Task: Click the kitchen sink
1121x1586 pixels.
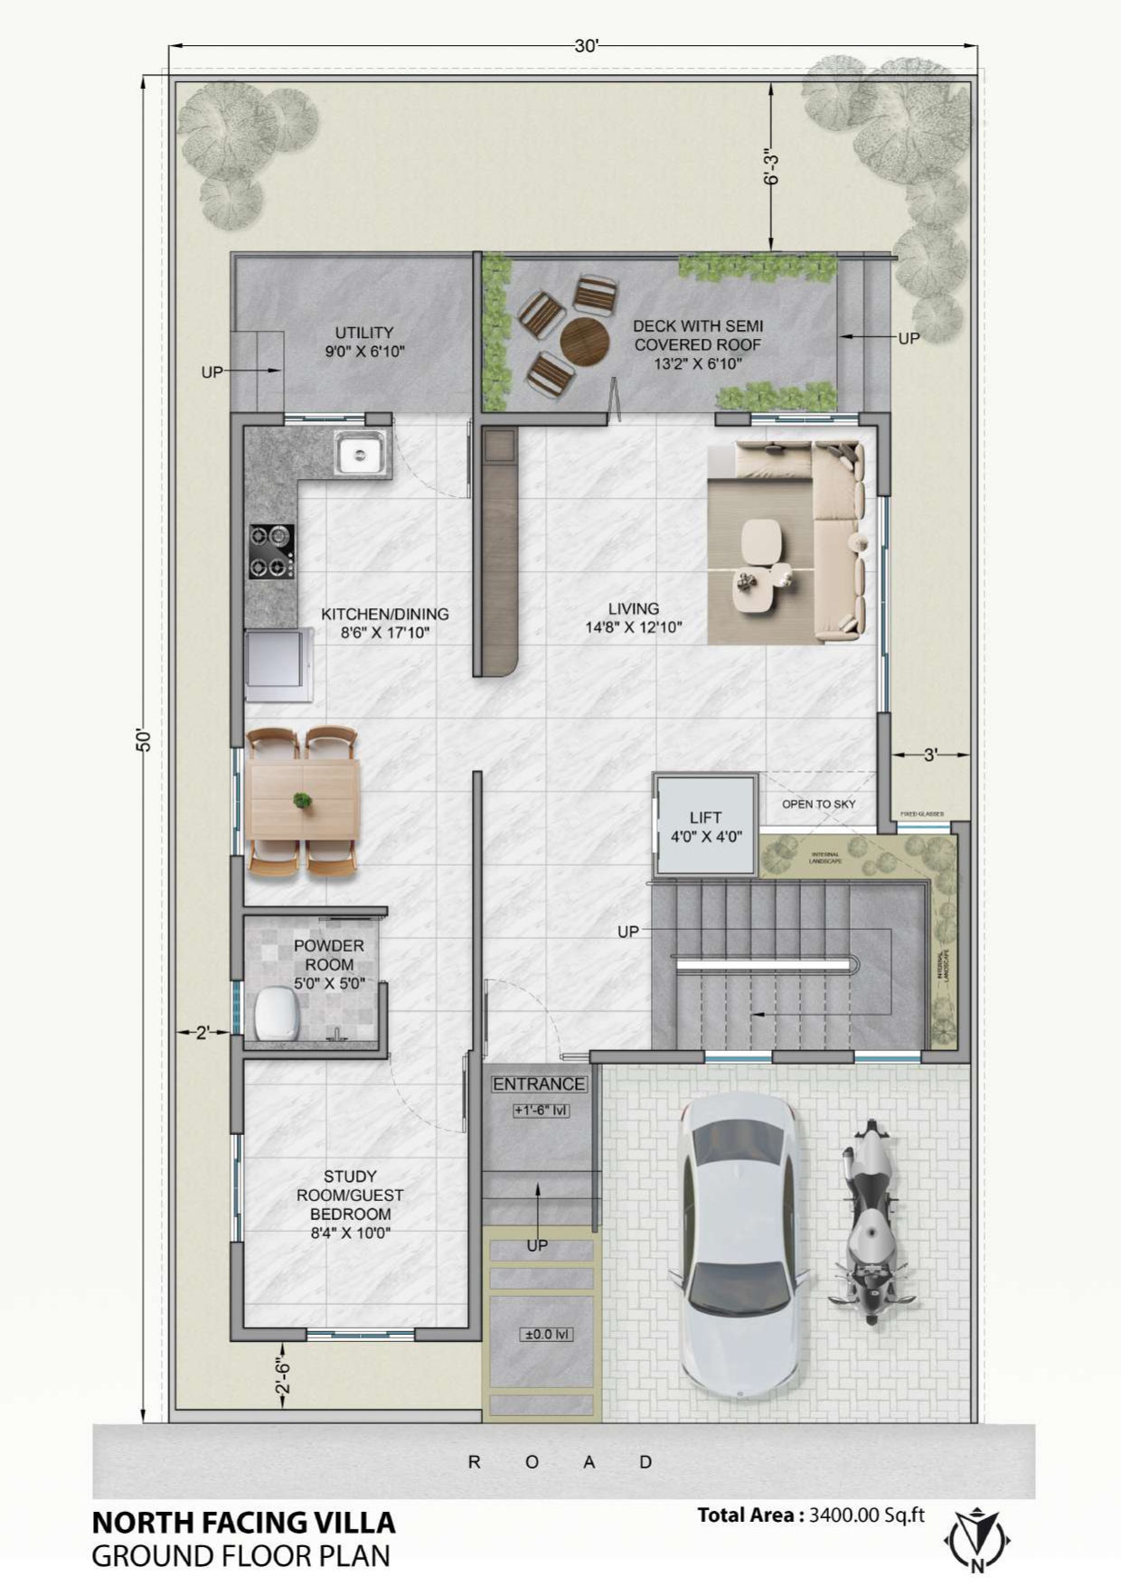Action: coord(361,453)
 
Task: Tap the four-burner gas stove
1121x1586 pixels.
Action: coord(271,551)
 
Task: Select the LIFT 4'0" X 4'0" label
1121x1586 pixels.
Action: coord(705,827)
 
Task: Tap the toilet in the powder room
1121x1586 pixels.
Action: coord(275,1013)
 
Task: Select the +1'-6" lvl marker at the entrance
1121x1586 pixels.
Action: coord(541,1110)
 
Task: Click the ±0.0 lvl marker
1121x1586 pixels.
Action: coord(547,1334)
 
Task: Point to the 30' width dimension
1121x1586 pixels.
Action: coord(586,46)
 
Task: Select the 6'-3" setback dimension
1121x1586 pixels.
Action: coord(771,167)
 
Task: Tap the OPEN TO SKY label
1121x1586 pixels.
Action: coord(818,803)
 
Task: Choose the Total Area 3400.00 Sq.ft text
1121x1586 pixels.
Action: coord(810,1515)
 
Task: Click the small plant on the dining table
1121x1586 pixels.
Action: coord(302,800)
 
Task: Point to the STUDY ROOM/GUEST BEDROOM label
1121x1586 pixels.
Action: coord(350,1204)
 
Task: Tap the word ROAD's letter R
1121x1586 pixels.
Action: coord(474,1461)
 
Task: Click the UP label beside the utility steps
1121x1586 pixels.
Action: coord(212,372)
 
